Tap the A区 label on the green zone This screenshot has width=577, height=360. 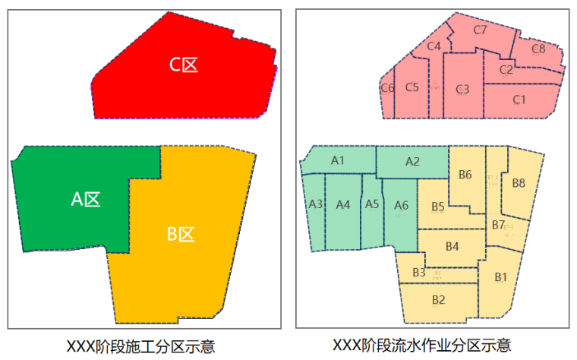click(86, 199)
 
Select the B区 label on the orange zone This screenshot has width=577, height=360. click(181, 234)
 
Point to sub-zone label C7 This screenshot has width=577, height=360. click(480, 30)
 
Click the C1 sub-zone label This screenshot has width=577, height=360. click(519, 99)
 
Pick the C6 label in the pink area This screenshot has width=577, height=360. click(387, 88)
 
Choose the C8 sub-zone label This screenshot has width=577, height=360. click(538, 49)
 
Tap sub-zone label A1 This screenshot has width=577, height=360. click(338, 160)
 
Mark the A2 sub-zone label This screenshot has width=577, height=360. click(412, 161)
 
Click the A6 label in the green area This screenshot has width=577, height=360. click(402, 204)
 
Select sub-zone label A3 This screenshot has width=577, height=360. click(316, 204)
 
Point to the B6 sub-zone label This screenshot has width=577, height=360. click(465, 175)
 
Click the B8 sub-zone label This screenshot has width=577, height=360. click(519, 182)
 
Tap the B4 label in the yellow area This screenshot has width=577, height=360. click(452, 246)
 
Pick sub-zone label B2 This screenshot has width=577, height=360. click(438, 299)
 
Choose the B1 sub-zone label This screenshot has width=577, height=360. click(500, 276)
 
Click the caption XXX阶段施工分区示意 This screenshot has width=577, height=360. click(146, 346)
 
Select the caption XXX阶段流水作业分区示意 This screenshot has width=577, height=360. click(432, 345)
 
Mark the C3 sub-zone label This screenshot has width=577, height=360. click(462, 90)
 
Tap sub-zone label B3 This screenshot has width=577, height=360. click(418, 273)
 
